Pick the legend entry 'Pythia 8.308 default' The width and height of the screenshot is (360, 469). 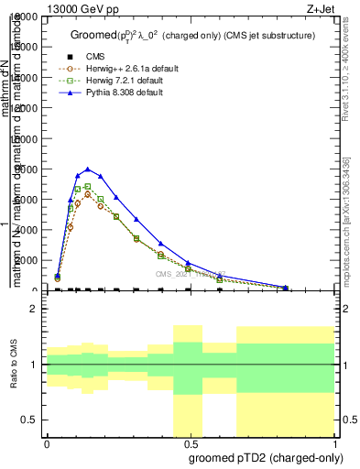pyautogui.click(x=123, y=93)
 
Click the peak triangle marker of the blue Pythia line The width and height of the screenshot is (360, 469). pyautogui.click(x=87, y=169)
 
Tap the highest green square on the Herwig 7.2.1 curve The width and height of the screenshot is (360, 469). pyautogui.click(x=87, y=187)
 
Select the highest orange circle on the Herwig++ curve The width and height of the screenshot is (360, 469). pyautogui.click(x=87, y=194)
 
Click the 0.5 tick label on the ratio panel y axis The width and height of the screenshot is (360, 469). pyautogui.click(x=30, y=420)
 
